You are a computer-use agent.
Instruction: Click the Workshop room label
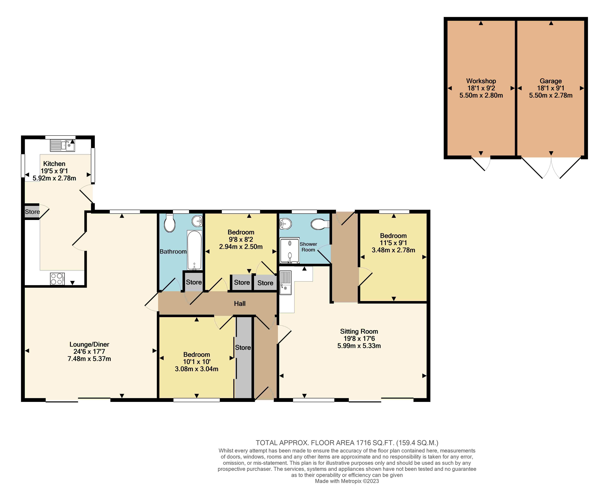tap(481, 81)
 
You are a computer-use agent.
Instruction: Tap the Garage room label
tap(551, 81)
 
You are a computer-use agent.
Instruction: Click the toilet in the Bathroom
tap(169, 223)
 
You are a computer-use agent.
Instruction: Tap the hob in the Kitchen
tap(57, 279)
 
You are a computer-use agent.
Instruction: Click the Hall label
tap(240, 304)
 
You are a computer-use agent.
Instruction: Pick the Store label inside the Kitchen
tap(32, 212)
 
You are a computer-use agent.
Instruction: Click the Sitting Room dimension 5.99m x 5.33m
tap(359, 346)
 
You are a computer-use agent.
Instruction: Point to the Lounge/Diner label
tap(89, 344)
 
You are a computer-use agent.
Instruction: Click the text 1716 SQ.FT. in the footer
tap(375, 443)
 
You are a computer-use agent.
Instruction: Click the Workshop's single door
tap(481, 164)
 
